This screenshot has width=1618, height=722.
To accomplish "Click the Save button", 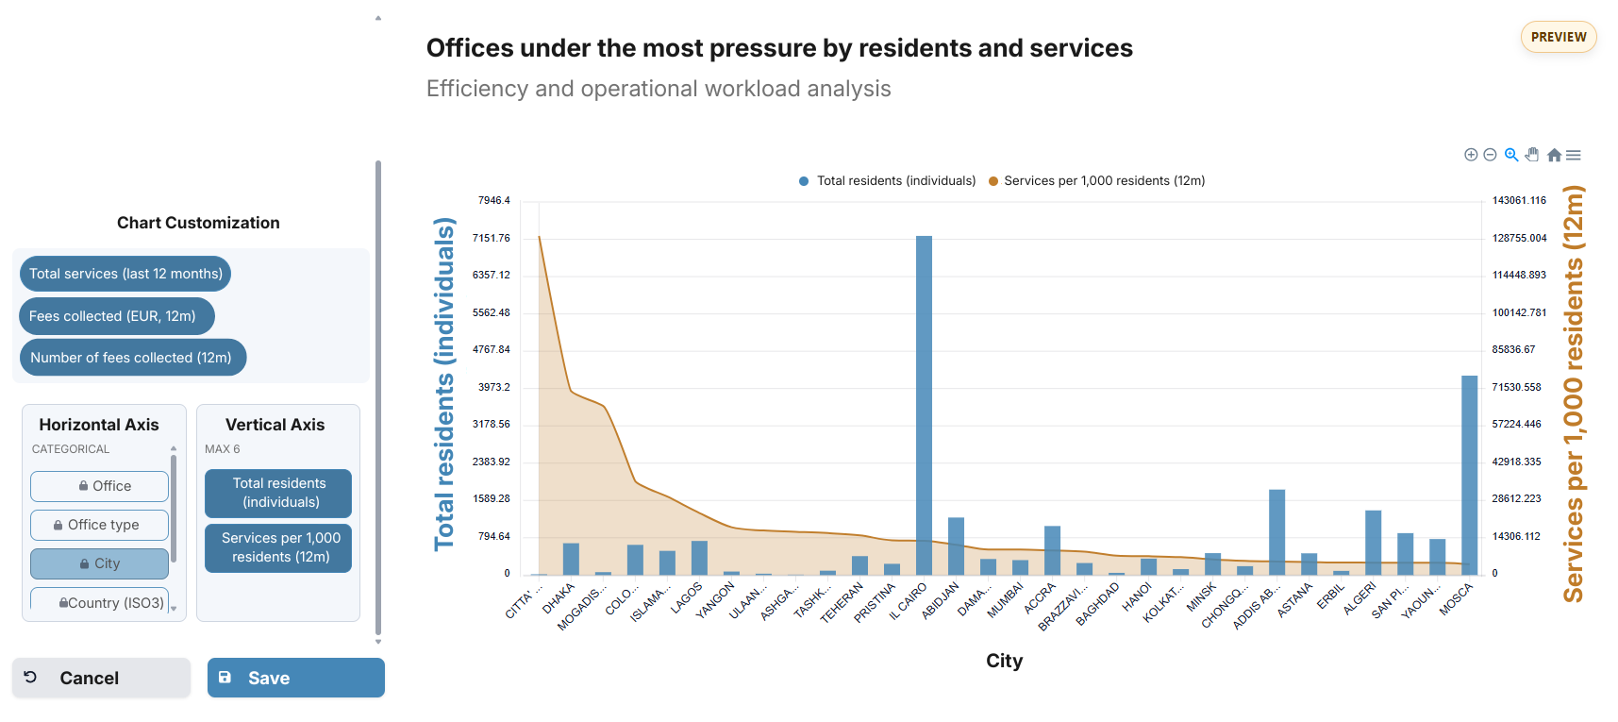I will [295, 678].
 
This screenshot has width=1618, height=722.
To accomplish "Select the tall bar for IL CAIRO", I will [924, 406].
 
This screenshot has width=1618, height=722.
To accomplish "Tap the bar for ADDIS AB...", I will [1276, 532].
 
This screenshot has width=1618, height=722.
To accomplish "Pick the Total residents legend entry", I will [887, 181].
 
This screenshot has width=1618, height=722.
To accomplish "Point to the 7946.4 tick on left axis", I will [493, 201].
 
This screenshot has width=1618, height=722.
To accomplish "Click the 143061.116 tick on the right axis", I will [1519, 201].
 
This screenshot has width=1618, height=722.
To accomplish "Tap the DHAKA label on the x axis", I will [559, 598].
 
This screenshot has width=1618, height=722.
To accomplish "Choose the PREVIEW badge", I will [1559, 37].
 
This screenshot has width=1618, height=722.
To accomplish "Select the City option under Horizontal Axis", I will [99, 563].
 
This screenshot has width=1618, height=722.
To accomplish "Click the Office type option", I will [99, 525].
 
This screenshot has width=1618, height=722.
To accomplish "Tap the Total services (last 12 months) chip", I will [125, 274].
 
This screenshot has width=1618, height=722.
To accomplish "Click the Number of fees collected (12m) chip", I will [132, 358].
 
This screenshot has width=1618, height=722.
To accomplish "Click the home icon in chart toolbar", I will [1554, 155].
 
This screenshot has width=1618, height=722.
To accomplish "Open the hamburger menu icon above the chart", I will [1574, 155].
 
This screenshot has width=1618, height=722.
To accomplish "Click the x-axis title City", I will [1004, 661].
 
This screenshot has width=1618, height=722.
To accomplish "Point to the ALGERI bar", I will [1373, 543].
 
